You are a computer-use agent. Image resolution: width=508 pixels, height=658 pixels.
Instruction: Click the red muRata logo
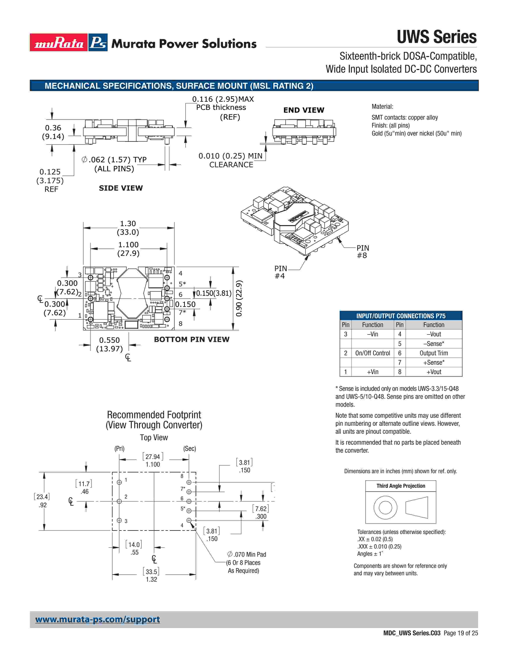click(x=59, y=42)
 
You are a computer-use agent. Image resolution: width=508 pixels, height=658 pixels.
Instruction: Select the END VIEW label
click(x=304, y=110)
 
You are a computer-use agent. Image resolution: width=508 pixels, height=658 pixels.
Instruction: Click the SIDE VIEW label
click(x=121, y=188)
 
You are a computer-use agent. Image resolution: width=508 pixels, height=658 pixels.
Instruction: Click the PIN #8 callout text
click(x=362, y=252)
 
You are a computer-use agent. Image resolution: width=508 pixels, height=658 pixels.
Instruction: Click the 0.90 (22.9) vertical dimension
click(x=239, y=298)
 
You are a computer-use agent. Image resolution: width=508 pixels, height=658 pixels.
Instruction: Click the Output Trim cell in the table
click(x=434, y=353)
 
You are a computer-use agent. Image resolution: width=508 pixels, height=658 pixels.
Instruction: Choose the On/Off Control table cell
click(x=373, y=353)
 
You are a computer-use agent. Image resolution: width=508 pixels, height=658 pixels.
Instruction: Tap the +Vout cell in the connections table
click(x=434, y=372)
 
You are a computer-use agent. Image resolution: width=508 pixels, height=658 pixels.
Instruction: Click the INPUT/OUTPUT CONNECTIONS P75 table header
click(x=401, y=316)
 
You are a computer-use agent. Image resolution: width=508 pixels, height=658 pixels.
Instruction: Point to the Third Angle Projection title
click(x=401, y=486)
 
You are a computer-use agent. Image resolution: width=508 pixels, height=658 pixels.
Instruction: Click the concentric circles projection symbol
click(x=385, y=507)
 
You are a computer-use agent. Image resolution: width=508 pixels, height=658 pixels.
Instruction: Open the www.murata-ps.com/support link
click(x=97, y=620)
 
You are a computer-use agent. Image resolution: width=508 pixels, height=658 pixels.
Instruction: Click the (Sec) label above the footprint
click(x=190, y=449)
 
